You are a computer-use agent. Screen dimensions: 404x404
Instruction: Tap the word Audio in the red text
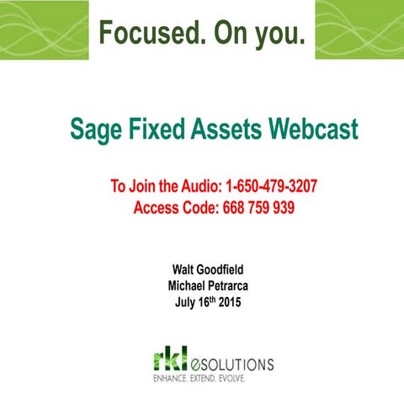179,186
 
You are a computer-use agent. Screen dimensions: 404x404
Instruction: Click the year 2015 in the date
229,301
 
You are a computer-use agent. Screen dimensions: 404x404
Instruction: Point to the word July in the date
185,301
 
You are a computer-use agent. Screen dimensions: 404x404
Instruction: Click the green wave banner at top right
359,30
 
